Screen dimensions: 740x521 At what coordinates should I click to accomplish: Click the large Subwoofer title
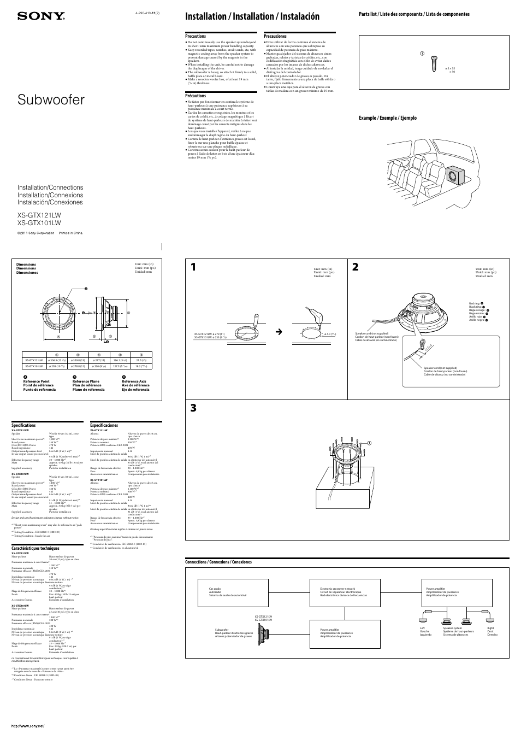click(51, 100)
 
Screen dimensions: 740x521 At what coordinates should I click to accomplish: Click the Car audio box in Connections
click(235, 592)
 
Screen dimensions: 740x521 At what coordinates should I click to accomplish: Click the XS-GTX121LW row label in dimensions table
click(34, 360)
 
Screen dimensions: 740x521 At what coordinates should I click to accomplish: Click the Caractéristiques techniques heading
click(35, 548)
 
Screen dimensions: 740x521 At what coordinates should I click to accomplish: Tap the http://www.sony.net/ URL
click(27, 725)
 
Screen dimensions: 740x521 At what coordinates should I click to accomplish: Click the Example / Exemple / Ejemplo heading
click(387, 118)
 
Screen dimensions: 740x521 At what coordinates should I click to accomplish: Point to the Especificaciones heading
click(104, 425)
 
